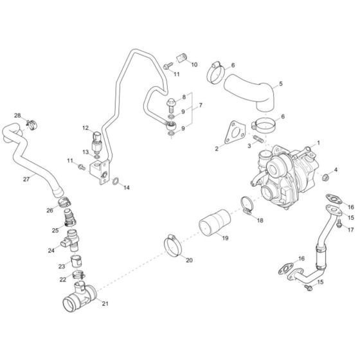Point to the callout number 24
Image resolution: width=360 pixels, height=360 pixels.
[51, 251]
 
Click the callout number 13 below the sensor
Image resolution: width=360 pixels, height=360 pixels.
[86, 152]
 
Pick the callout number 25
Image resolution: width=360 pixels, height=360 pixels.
[56, 230]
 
